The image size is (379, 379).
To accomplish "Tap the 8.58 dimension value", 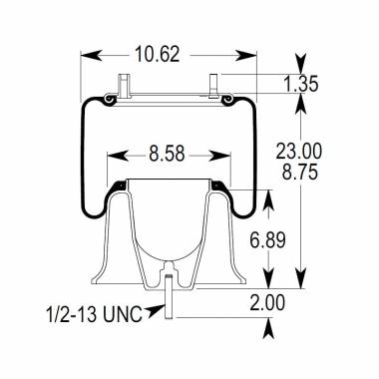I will click(x=167, y=156).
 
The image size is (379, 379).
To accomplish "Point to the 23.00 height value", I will click(x=298, y=151).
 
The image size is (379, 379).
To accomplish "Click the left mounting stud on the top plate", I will click(x=123, y=86).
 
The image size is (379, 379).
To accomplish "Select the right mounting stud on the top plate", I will click(x=214, y=86).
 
